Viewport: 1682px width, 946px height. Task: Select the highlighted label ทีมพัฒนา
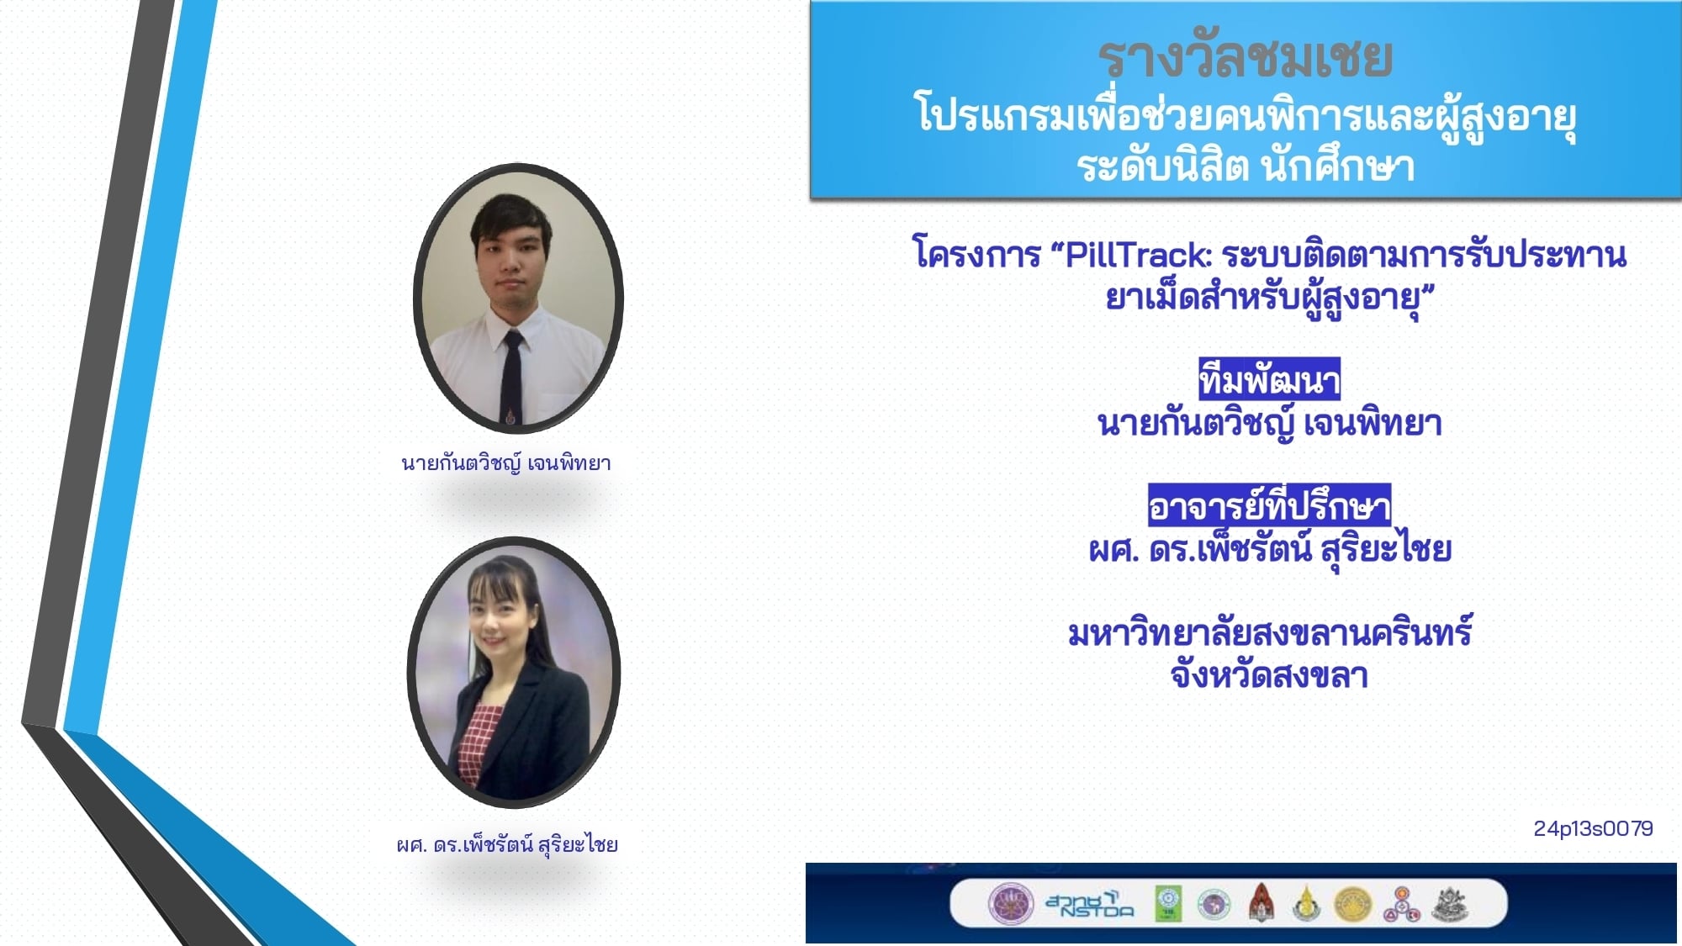pos(1269,380)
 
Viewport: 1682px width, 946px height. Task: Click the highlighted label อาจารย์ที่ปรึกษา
pos(1269,505)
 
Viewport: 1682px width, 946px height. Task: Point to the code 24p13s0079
pos(1593,828)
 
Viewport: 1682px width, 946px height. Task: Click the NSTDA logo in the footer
pos(1089,905)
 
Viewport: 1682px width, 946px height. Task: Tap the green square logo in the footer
pos(1168,904)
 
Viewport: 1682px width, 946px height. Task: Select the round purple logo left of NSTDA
pos(1010,905)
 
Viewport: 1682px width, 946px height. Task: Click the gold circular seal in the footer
pos(1352,905)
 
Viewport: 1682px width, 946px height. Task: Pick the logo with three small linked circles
pos(1401,905)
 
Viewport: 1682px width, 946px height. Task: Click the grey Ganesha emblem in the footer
pos(1451,904)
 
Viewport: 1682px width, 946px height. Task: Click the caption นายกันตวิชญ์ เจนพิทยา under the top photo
pos(506,462)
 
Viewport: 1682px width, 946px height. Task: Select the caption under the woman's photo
pos(507,843)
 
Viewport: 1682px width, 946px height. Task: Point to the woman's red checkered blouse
pos(479,743)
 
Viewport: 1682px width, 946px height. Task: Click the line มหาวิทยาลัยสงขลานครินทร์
pos(1269,632)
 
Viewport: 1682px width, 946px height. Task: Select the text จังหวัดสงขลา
pos(1269,674)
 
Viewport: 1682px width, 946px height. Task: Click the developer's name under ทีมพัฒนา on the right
pos(1269,423)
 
